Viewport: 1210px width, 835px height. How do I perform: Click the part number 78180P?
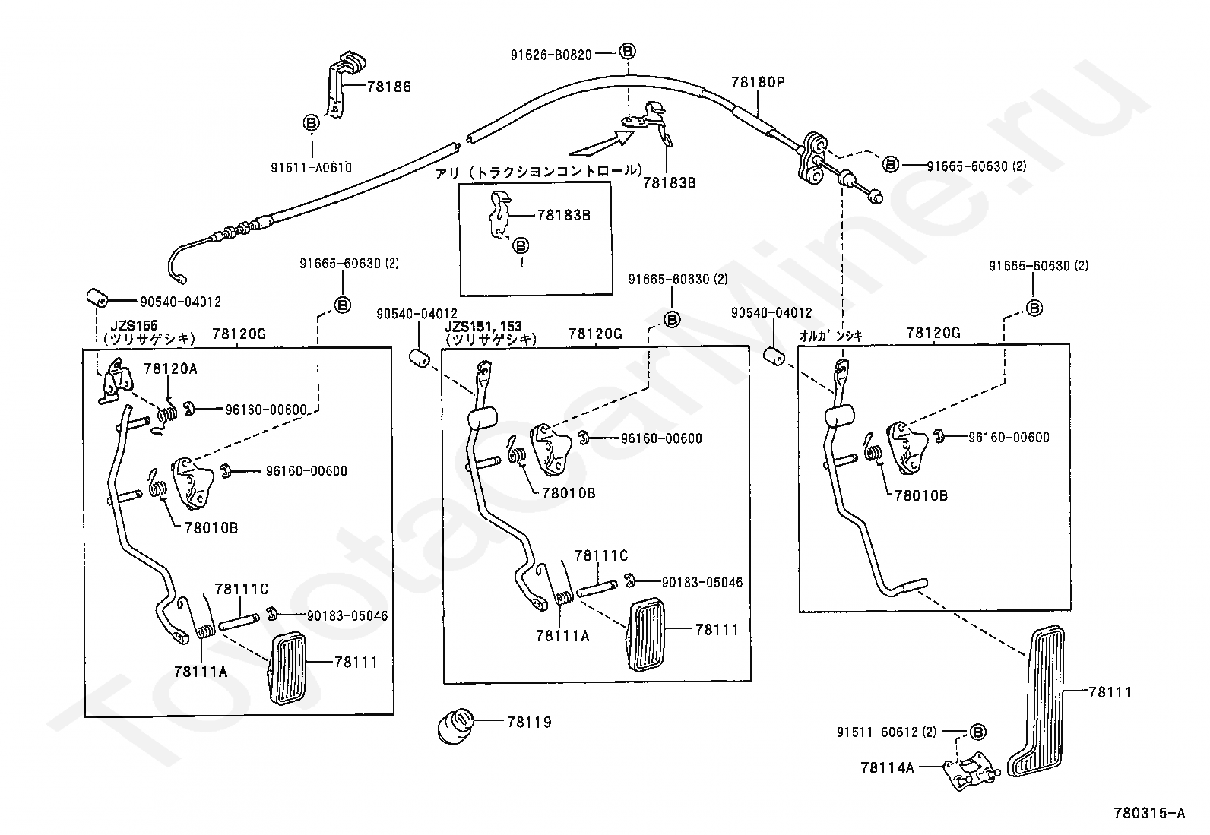point(757,82)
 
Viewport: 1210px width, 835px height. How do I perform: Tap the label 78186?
point(389,87)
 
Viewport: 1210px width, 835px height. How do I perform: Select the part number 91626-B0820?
point(551,55)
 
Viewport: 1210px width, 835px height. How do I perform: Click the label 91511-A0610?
point(311,167)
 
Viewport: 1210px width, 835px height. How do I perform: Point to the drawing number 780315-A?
point(1149,813)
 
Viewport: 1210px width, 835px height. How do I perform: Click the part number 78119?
point(529,722)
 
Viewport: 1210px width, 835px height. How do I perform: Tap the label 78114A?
point(888,767)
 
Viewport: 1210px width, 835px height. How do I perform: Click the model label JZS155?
point(134,326)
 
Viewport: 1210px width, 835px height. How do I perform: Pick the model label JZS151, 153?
point(483,326)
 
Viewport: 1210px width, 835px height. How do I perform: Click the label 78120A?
point(170,369)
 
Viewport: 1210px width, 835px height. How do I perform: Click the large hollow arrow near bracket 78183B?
point(601,144)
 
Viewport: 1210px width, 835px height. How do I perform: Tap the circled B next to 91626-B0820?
point(626,52)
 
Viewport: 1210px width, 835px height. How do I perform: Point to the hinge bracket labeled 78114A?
point(970,771)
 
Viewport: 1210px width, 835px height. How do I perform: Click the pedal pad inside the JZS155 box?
point(287,667)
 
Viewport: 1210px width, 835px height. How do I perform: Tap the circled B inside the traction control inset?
point(521,245)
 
